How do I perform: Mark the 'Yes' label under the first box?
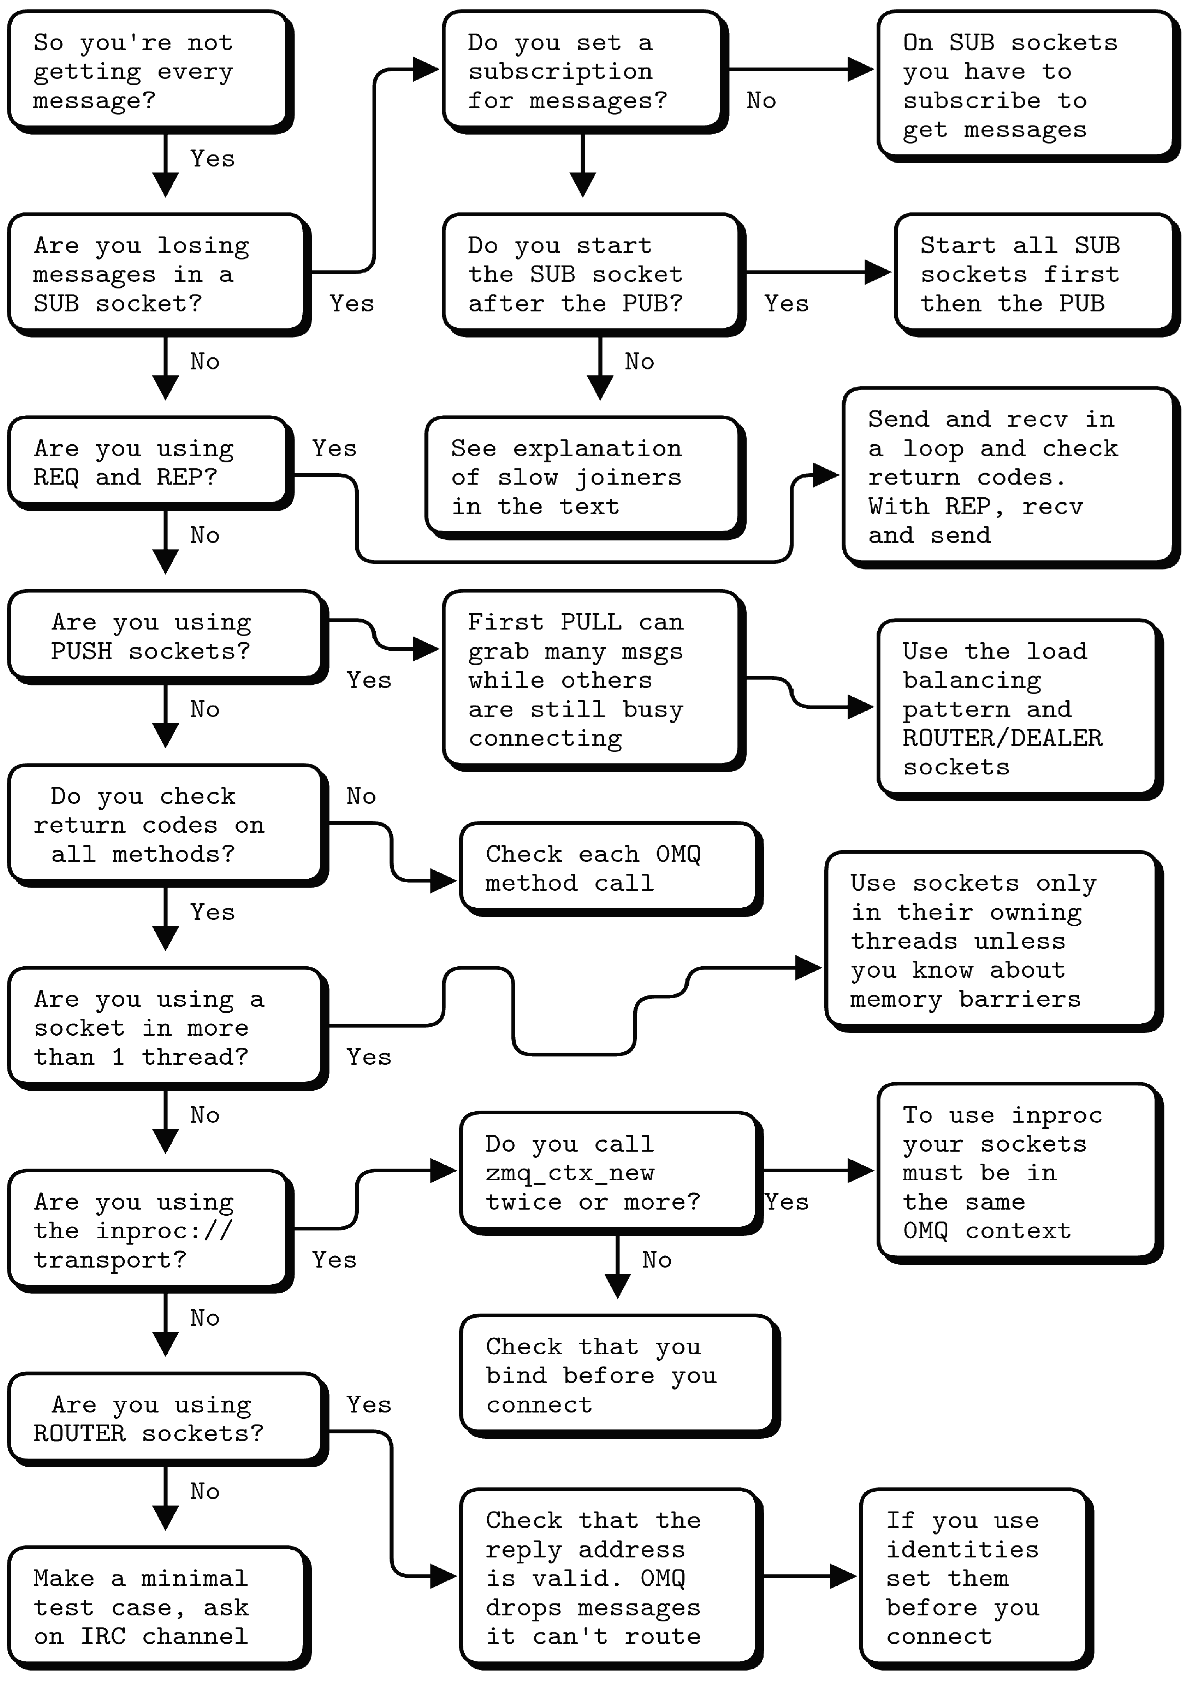tap(212, 159)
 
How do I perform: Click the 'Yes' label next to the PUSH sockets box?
tap(368, 680)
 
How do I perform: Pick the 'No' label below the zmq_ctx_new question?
tap(657, 1259)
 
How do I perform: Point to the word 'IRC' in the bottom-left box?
tap(103, 1636)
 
